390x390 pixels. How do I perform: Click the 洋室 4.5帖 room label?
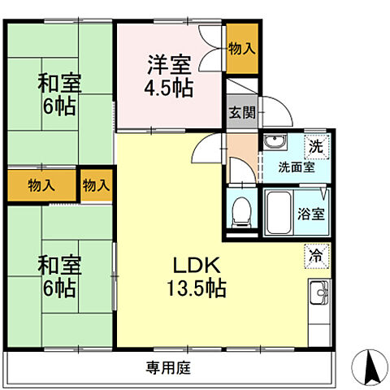tap(170, 75)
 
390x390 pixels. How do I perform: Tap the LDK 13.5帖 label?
tap(197, 276)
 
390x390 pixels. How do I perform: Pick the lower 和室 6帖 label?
tap(57, 276)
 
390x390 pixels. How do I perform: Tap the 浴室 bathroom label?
tap(311, 214)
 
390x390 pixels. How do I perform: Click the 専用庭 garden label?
tap(169, 366)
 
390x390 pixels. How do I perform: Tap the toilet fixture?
tap(240, 213)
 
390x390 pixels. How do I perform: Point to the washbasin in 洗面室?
tap(275, 145)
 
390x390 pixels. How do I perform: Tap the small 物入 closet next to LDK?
tap(96, 184)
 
